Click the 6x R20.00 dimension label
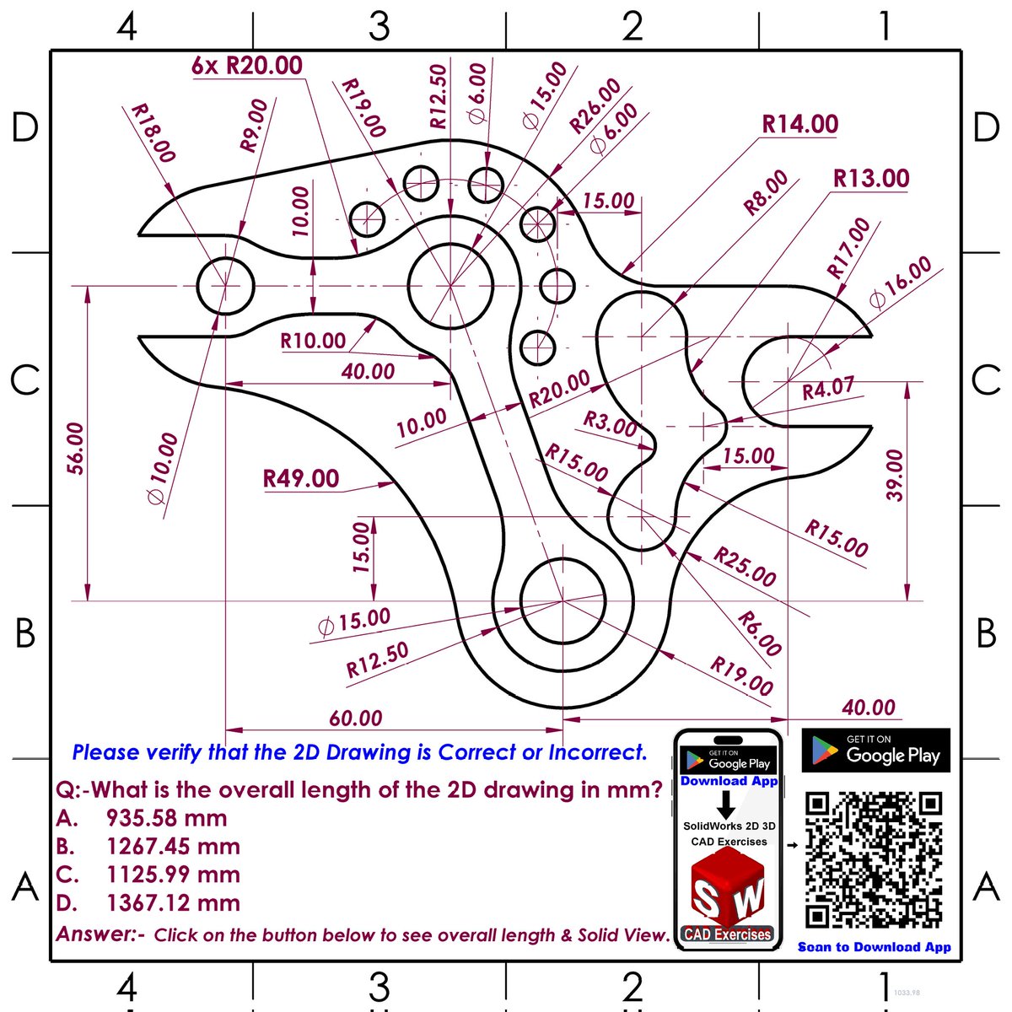point(246,66)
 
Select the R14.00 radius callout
point(799,125)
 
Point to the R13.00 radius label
point(870,179)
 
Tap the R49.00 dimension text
point(301,479)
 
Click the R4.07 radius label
point(827,389)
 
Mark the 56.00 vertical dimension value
point(75,448)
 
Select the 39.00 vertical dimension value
point(894,475)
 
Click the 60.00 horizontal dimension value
point(355,719)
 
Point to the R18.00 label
point(153,133)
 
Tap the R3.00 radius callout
point(611,423)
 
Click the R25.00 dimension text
point(745,567)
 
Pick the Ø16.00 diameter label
point(901,282)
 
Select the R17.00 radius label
point(848,248)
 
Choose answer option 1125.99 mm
point(173,875)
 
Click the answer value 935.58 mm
point(166,818)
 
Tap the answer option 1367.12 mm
point(173,903)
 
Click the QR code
point(874,859)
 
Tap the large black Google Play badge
point(875,751)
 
